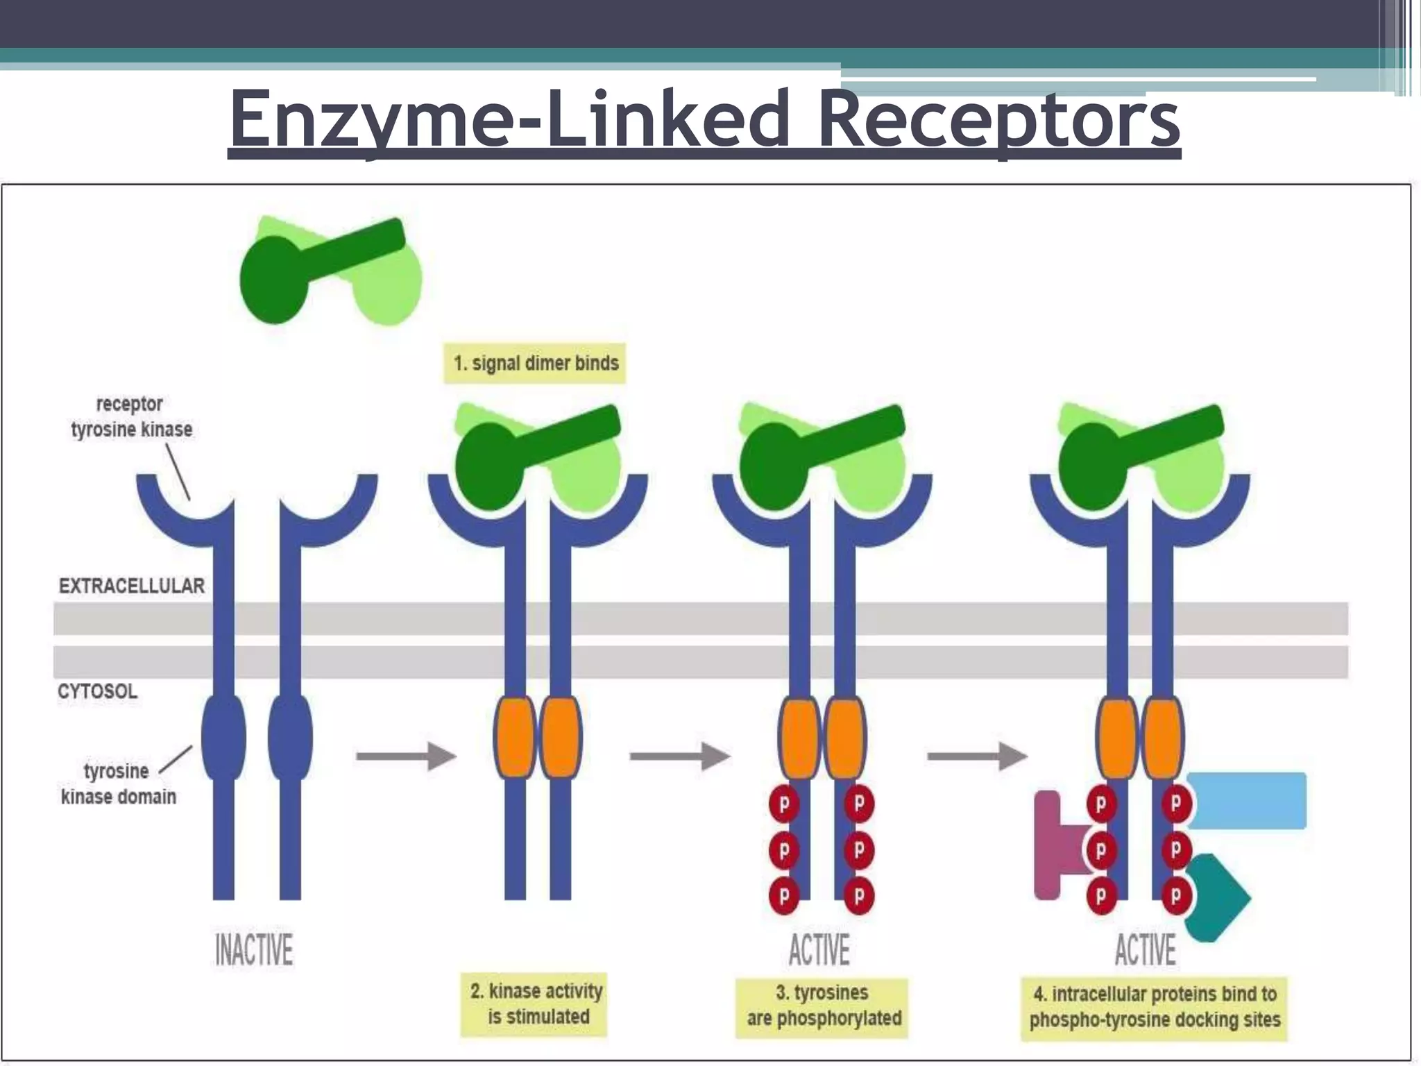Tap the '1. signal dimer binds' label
(535, 363)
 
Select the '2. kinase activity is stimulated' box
(535, 1004)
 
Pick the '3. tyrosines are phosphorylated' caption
(823, 1006)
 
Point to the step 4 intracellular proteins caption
(1155, 1007)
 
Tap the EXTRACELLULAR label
(132, 586)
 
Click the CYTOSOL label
(98, 691)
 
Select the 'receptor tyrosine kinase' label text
(131, 416)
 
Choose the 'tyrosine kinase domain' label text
(118, 784)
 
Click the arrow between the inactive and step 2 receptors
(406, 756)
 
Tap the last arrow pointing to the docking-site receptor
(977, 756)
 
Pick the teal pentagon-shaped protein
(1216, 898)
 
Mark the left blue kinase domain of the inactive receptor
(223, 737)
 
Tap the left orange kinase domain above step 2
(515, 737)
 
